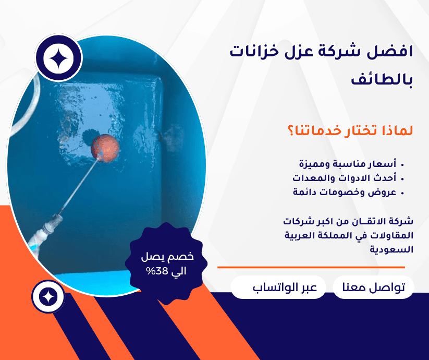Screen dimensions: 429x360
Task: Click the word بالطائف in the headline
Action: [382, 79]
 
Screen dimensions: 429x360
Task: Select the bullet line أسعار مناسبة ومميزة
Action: [348, 164]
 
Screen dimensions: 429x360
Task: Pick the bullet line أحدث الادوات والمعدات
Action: [345, 178]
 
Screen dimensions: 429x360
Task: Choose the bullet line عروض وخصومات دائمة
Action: [345, 192]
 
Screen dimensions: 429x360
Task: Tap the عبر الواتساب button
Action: [285, 287]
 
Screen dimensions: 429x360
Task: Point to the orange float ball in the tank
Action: [105, 148]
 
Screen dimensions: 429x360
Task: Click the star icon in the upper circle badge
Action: [58, 58]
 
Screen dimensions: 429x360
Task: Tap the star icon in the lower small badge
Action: [48, 297]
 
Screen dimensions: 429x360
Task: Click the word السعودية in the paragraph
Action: [391, 250]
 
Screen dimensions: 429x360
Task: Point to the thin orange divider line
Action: [311, 267]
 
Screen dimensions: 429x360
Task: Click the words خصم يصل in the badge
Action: [167, 257]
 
